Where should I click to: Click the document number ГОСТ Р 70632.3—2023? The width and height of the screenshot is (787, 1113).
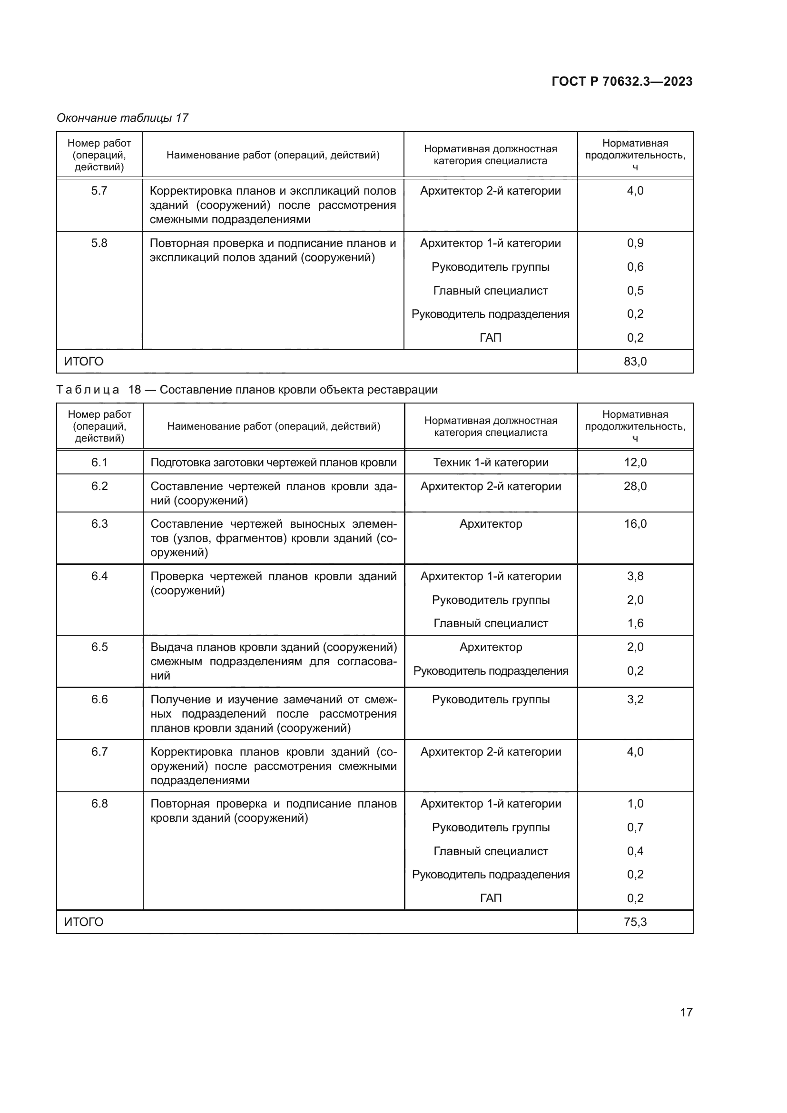pyautogui.click(x=622, y=81)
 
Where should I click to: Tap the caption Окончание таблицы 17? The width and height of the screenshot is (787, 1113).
pyautogui.click(x=122, y=118)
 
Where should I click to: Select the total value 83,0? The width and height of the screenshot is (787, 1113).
pyautogui.click(x=635, y=362)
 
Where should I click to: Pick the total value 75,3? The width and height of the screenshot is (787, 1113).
pyautogui.click(x=635, y=922)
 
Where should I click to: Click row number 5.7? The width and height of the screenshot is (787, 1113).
pyautogui.click(x=99, y=190)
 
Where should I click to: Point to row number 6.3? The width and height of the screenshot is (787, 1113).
pyautogui.click(x=99, y=524)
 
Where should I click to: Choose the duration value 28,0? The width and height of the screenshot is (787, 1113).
pyautogui.click(x=635, y=486)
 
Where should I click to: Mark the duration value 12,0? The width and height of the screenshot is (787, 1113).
pyautogui.click(x=635, y=463)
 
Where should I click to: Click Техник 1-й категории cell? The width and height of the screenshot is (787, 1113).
pyautogui.click(x=491, y=463)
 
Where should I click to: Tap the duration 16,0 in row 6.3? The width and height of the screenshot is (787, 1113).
pyautogui.click(x=635, y=524)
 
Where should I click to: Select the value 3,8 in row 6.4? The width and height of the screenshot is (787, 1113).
pyautogui.click(x=635, y=576)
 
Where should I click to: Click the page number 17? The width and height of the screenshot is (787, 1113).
pyautogui.click(x=686, y=1012)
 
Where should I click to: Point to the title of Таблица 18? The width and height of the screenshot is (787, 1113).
pyautogui.click(x=246, y=390)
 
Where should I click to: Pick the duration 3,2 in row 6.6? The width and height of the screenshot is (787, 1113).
pyautogui.click(x=635, y=699)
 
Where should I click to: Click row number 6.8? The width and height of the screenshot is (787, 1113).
pyautogui.click(x=99, y=804)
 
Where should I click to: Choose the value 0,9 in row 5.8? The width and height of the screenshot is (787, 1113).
pyautogui.click(x=635, y=243)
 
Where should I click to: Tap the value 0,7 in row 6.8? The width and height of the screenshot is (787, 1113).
pyautogui.click(x=635, y=827)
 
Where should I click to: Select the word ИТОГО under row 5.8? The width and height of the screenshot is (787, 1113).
pyautogui.click(x=83, y=362)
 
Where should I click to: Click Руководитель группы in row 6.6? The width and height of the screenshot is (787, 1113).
pyautogui.click(x=491, y=699)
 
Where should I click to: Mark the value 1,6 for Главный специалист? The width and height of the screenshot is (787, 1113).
pyautogui.click(x=635, y=623)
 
